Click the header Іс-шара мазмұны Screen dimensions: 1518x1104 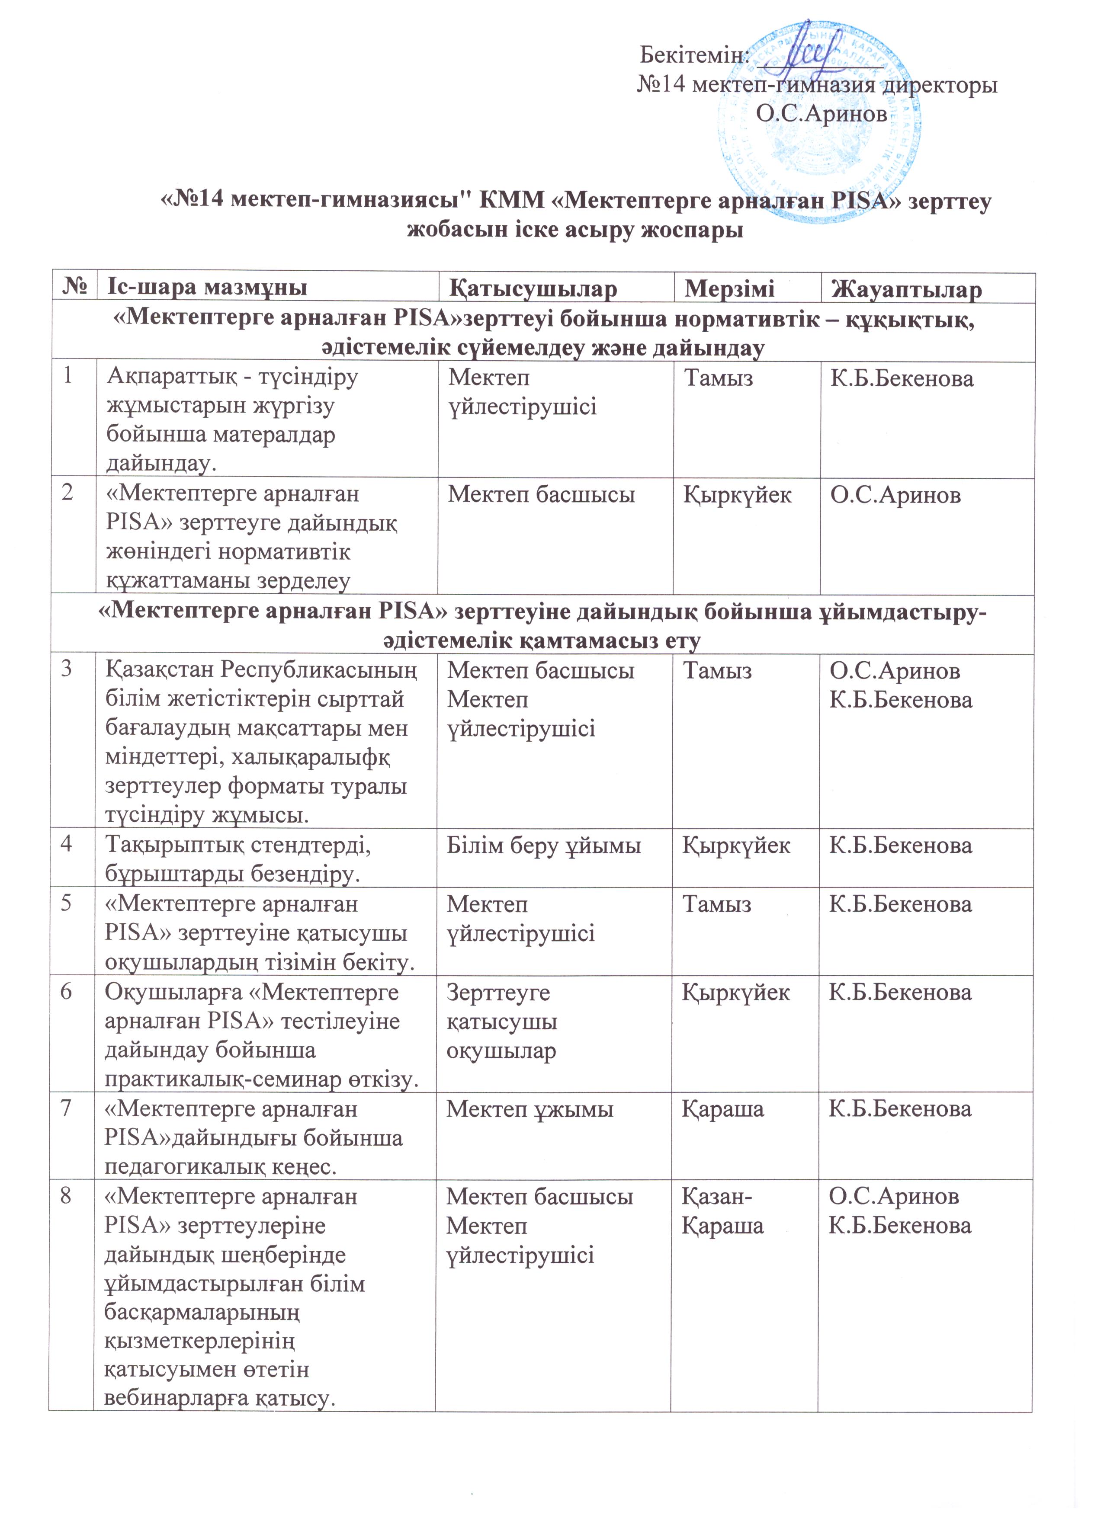[208, 288]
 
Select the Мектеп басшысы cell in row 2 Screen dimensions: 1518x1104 [541, 495]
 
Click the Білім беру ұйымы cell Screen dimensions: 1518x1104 [544, 846]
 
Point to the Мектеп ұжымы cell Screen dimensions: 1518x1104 [530, 1109]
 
